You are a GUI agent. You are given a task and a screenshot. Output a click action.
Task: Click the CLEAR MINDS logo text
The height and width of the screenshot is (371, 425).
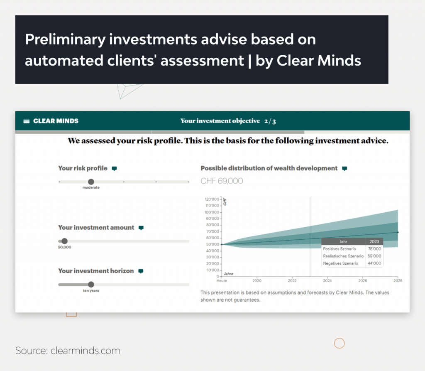tap(56, 121)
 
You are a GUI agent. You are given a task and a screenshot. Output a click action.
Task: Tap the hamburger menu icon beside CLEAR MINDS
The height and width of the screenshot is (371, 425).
tap(27, 121)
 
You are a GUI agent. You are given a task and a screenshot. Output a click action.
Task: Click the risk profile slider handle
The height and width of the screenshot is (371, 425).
tap(91, 182)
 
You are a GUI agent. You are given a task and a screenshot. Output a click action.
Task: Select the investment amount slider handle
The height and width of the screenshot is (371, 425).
tap(64, 241)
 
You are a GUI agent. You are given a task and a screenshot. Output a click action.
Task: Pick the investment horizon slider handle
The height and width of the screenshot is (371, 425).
tap(91, 285)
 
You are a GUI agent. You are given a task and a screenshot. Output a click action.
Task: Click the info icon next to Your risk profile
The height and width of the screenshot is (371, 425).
tap(115, 169)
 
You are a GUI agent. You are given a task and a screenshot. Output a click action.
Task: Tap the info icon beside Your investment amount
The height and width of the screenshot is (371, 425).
tap(141, 228)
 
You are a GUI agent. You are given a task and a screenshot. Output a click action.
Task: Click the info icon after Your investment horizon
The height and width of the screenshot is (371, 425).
tap(141, 271)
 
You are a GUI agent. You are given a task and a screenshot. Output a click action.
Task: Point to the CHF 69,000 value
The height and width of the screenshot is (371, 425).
tap(222, 181)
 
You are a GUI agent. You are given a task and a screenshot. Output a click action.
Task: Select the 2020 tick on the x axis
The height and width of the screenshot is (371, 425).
tap(257, 280)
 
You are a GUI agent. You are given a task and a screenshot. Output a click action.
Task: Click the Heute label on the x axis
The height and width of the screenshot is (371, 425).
tap(222, 280)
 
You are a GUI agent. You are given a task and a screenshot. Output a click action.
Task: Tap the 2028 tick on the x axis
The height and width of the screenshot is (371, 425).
tap(398, 280)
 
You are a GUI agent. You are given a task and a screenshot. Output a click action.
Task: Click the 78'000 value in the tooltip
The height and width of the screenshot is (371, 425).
tap(374, 248)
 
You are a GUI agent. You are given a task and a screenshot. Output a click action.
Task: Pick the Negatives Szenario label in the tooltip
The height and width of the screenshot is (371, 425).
tap(340, 263)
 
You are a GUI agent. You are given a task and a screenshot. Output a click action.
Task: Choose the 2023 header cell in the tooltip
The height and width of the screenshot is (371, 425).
tap(374, 241)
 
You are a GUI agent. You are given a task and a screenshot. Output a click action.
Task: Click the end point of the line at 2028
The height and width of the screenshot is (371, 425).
tap(398, 232)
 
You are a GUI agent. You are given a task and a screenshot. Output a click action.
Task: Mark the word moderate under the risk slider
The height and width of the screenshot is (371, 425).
tap(91, 188)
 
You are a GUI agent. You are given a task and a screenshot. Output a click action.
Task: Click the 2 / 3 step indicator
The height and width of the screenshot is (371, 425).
tap(270, 121)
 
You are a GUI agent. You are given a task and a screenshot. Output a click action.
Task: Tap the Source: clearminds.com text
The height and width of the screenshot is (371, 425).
tap(68, 350)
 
